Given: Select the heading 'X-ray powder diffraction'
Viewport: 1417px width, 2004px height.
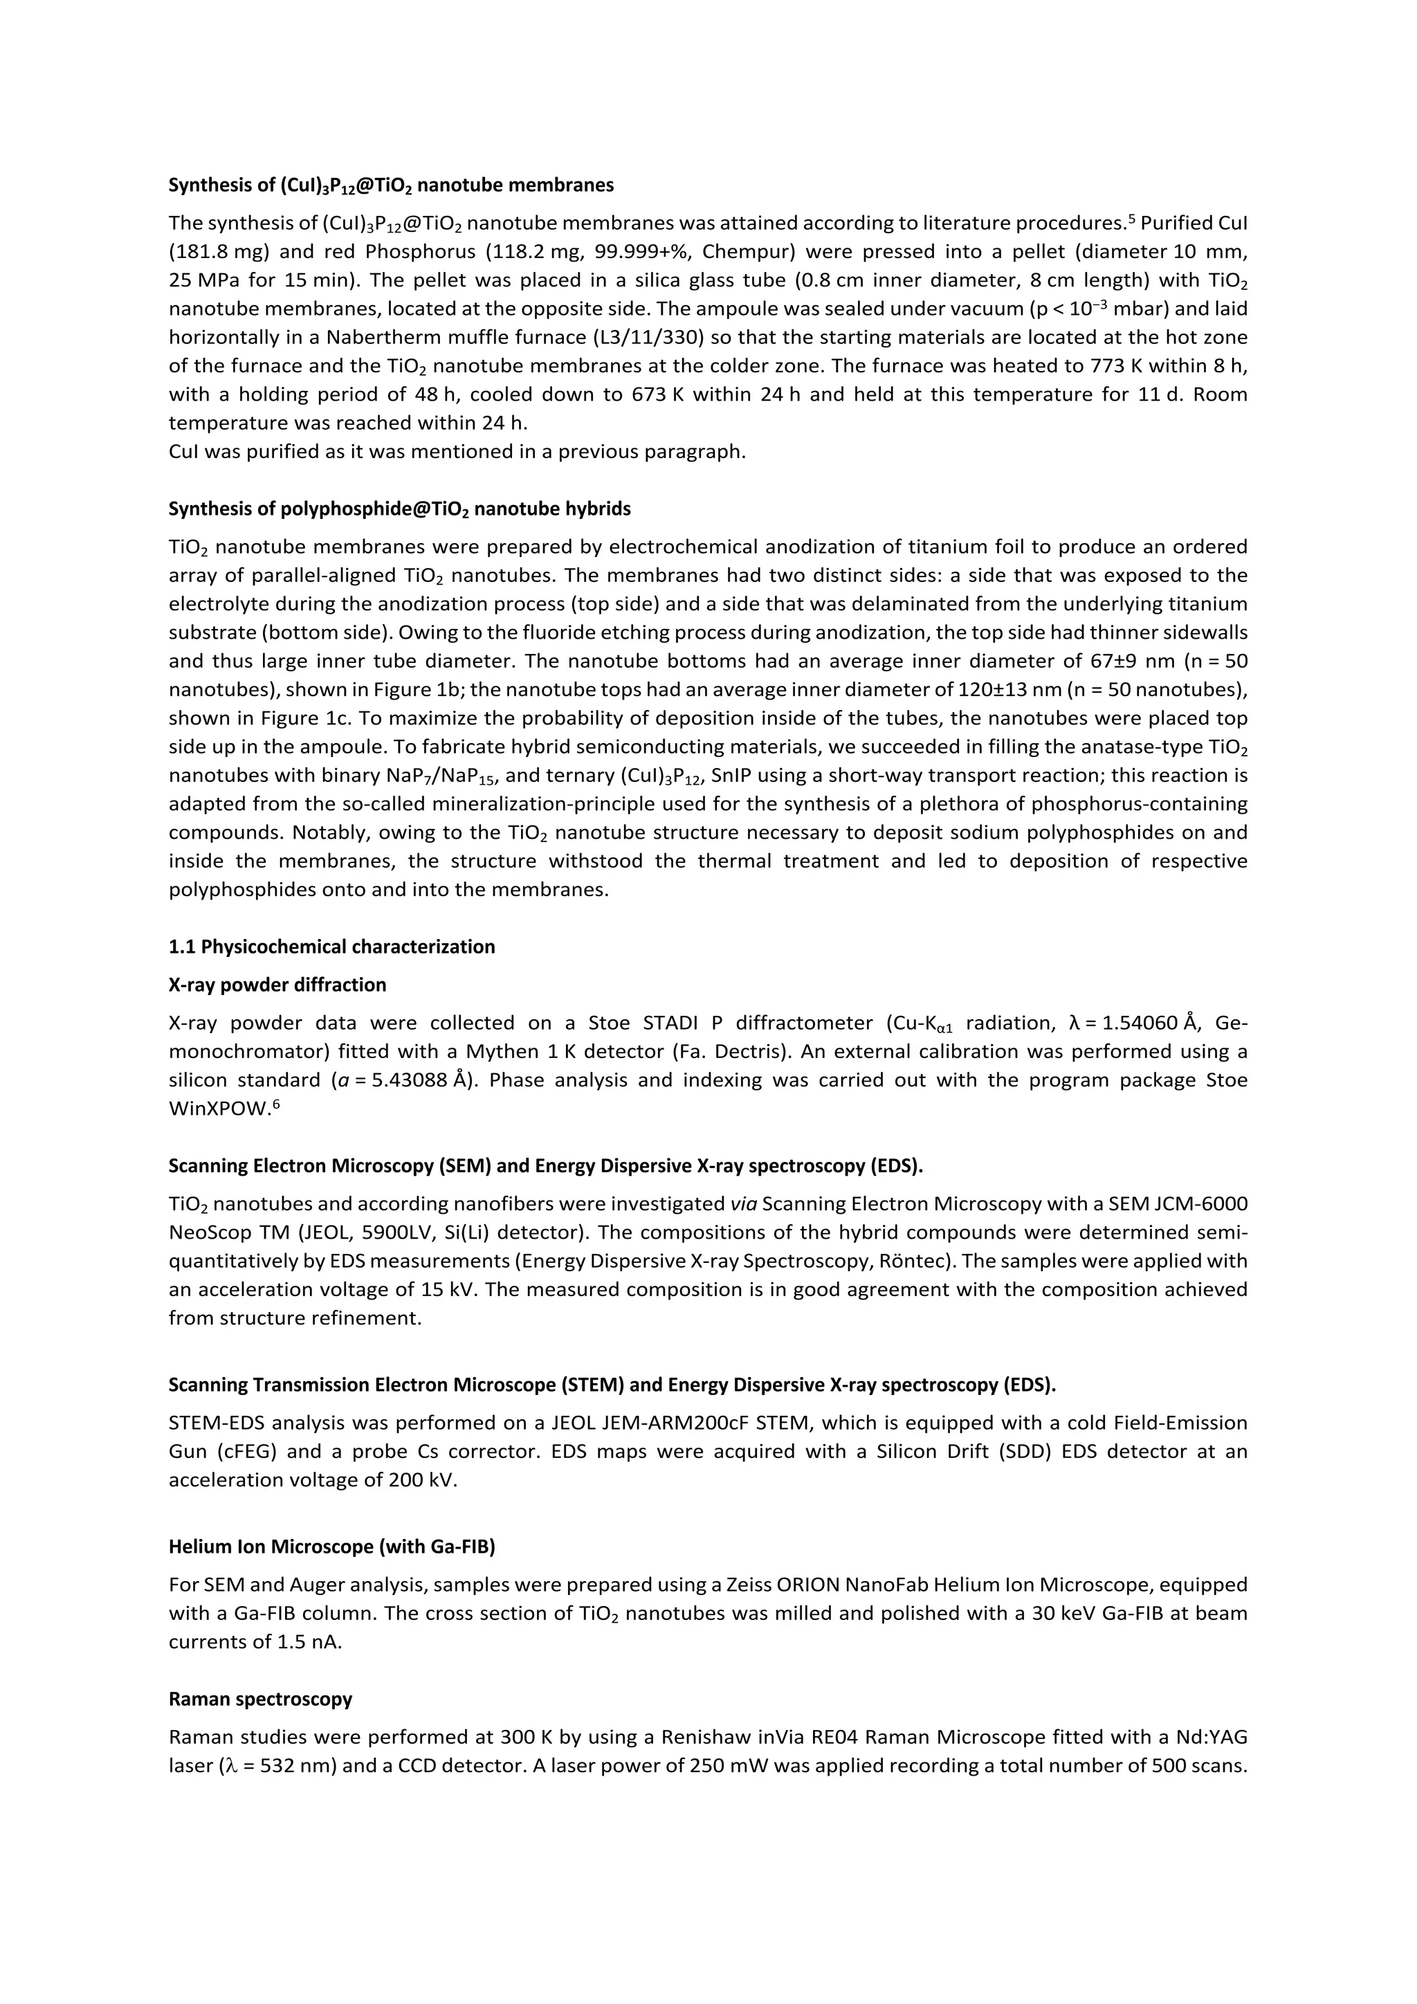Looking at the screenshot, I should (277, 985).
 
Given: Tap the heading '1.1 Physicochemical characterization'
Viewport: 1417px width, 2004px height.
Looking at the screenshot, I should (331, 947).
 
